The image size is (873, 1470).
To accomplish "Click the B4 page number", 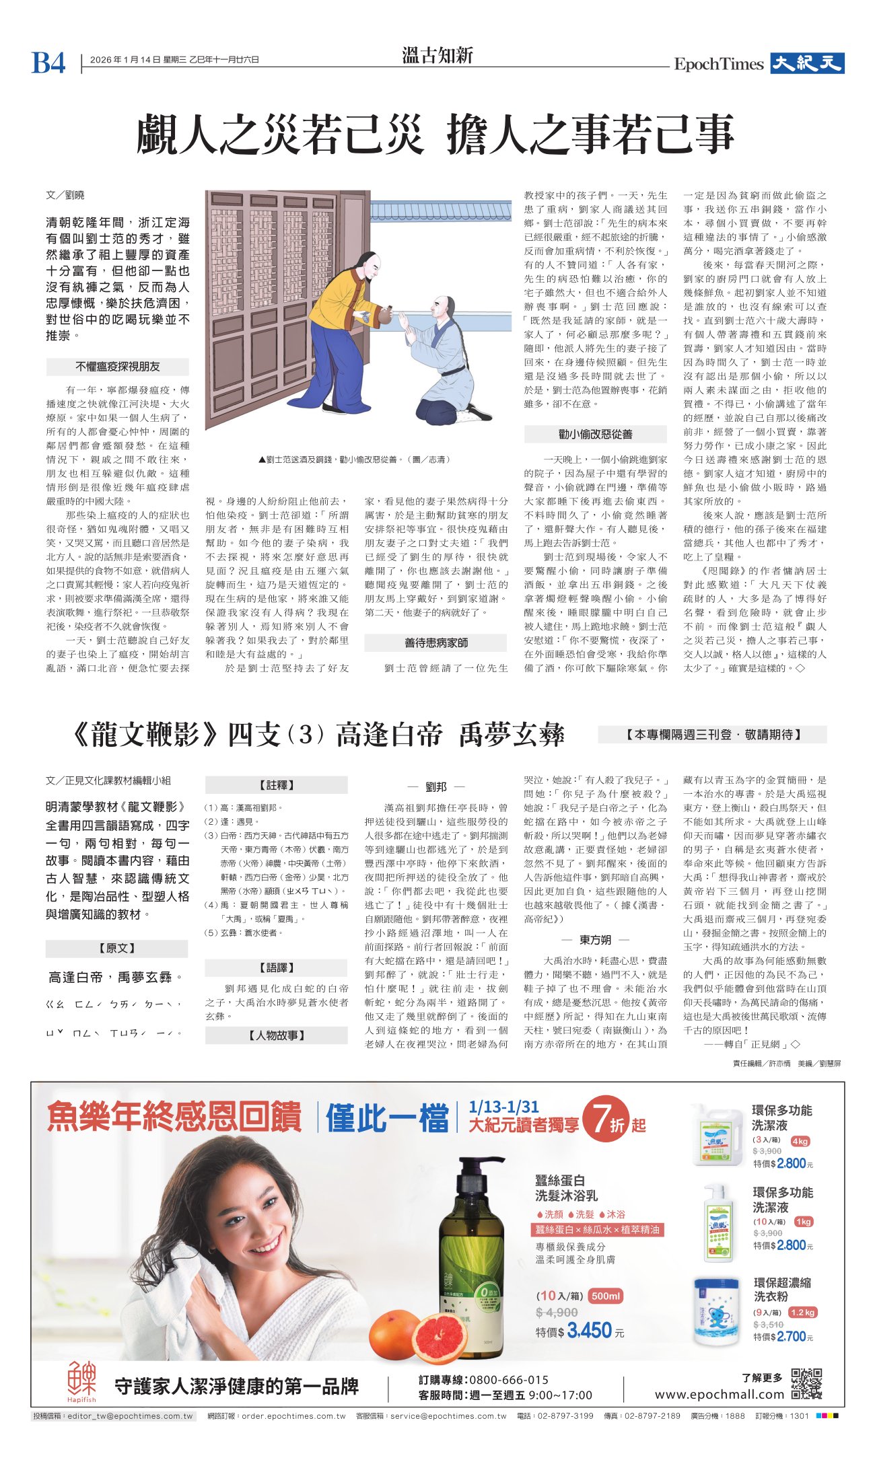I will point(48,63).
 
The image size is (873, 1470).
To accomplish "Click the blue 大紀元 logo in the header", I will point(807,63).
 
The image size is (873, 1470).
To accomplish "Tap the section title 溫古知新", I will point(437,55).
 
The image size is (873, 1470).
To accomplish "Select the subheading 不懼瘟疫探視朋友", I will point(117,367).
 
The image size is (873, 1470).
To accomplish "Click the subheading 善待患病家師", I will point(435,642).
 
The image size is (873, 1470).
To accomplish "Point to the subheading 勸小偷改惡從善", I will point(595,434).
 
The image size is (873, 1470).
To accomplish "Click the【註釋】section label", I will point(276,784).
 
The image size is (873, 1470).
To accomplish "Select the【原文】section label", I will point(116,948).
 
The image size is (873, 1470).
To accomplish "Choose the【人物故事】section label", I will point(276,1035).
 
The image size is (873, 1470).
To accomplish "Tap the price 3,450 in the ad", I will point(589,1330).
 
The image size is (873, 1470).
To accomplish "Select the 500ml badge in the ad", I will point(606,1296).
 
